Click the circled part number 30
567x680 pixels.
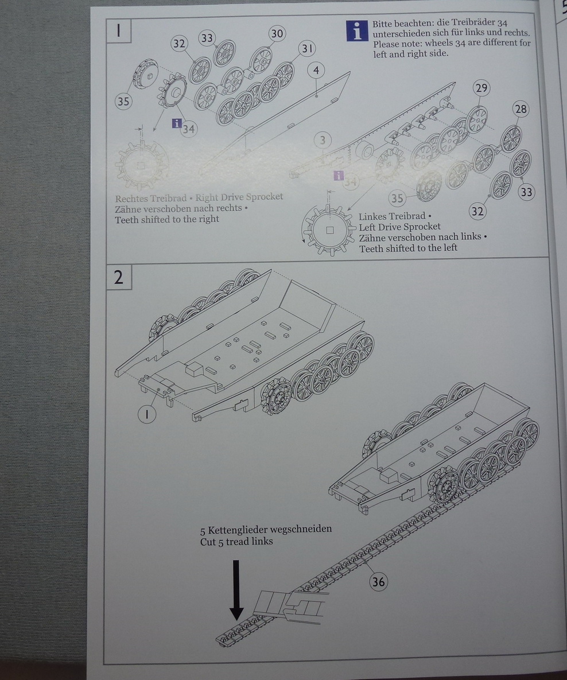(277, 34)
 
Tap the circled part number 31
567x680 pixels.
(307, 49)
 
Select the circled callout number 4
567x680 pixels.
(316, 71)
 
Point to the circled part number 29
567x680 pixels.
(481, 88)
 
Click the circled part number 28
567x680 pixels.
(521, 109)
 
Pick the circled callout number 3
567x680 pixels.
(323, 141)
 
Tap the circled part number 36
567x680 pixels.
(378, 582)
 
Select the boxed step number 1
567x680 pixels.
(119, 30)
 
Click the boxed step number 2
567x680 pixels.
(119, 277)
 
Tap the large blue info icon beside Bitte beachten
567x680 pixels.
(357, 30)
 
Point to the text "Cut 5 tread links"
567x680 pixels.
(236, 542)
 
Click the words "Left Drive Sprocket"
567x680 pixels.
(400, 227)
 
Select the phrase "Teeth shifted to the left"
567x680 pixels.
(409, 248)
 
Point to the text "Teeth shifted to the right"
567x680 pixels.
(167, 219)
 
